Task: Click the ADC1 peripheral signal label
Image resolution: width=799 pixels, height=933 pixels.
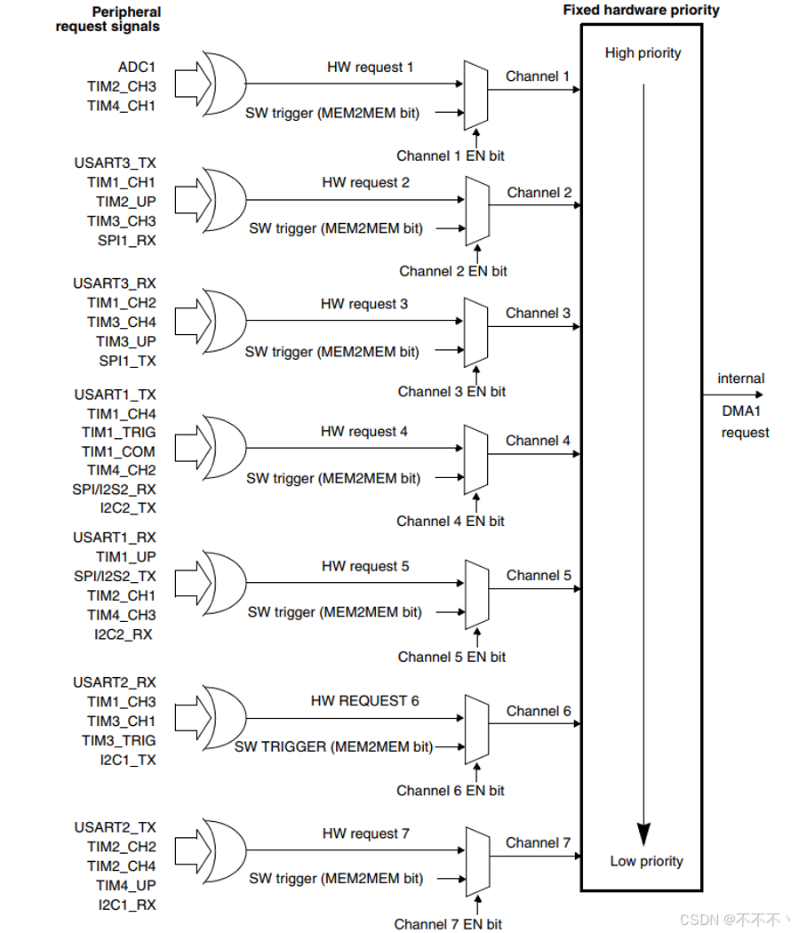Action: pos(137,67)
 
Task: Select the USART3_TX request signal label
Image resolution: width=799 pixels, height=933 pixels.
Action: pos(115,163)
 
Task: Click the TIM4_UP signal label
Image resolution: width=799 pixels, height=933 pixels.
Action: pos(126,885)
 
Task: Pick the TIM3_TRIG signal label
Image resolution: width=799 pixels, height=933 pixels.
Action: pos(121,740)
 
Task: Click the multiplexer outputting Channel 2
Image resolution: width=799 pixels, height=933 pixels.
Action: pos(476,210)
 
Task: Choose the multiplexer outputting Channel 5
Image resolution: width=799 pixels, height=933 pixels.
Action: pos(476,593)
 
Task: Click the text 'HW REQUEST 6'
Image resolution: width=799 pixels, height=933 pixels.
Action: pos(364,701)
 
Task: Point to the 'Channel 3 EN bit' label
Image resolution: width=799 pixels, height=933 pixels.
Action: pos(451,391)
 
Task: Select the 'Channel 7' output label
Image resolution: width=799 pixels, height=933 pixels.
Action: pos(539,842)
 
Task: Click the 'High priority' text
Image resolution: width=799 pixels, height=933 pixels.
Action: pos(643,53)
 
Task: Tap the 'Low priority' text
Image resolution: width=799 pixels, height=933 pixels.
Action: pos(646,861)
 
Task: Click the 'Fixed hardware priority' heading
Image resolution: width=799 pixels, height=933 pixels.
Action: pos(641,11)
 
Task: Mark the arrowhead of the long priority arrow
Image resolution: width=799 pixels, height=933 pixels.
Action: pos(643,833)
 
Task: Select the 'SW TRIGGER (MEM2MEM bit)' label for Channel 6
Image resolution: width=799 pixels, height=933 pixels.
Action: pos(333,747)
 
